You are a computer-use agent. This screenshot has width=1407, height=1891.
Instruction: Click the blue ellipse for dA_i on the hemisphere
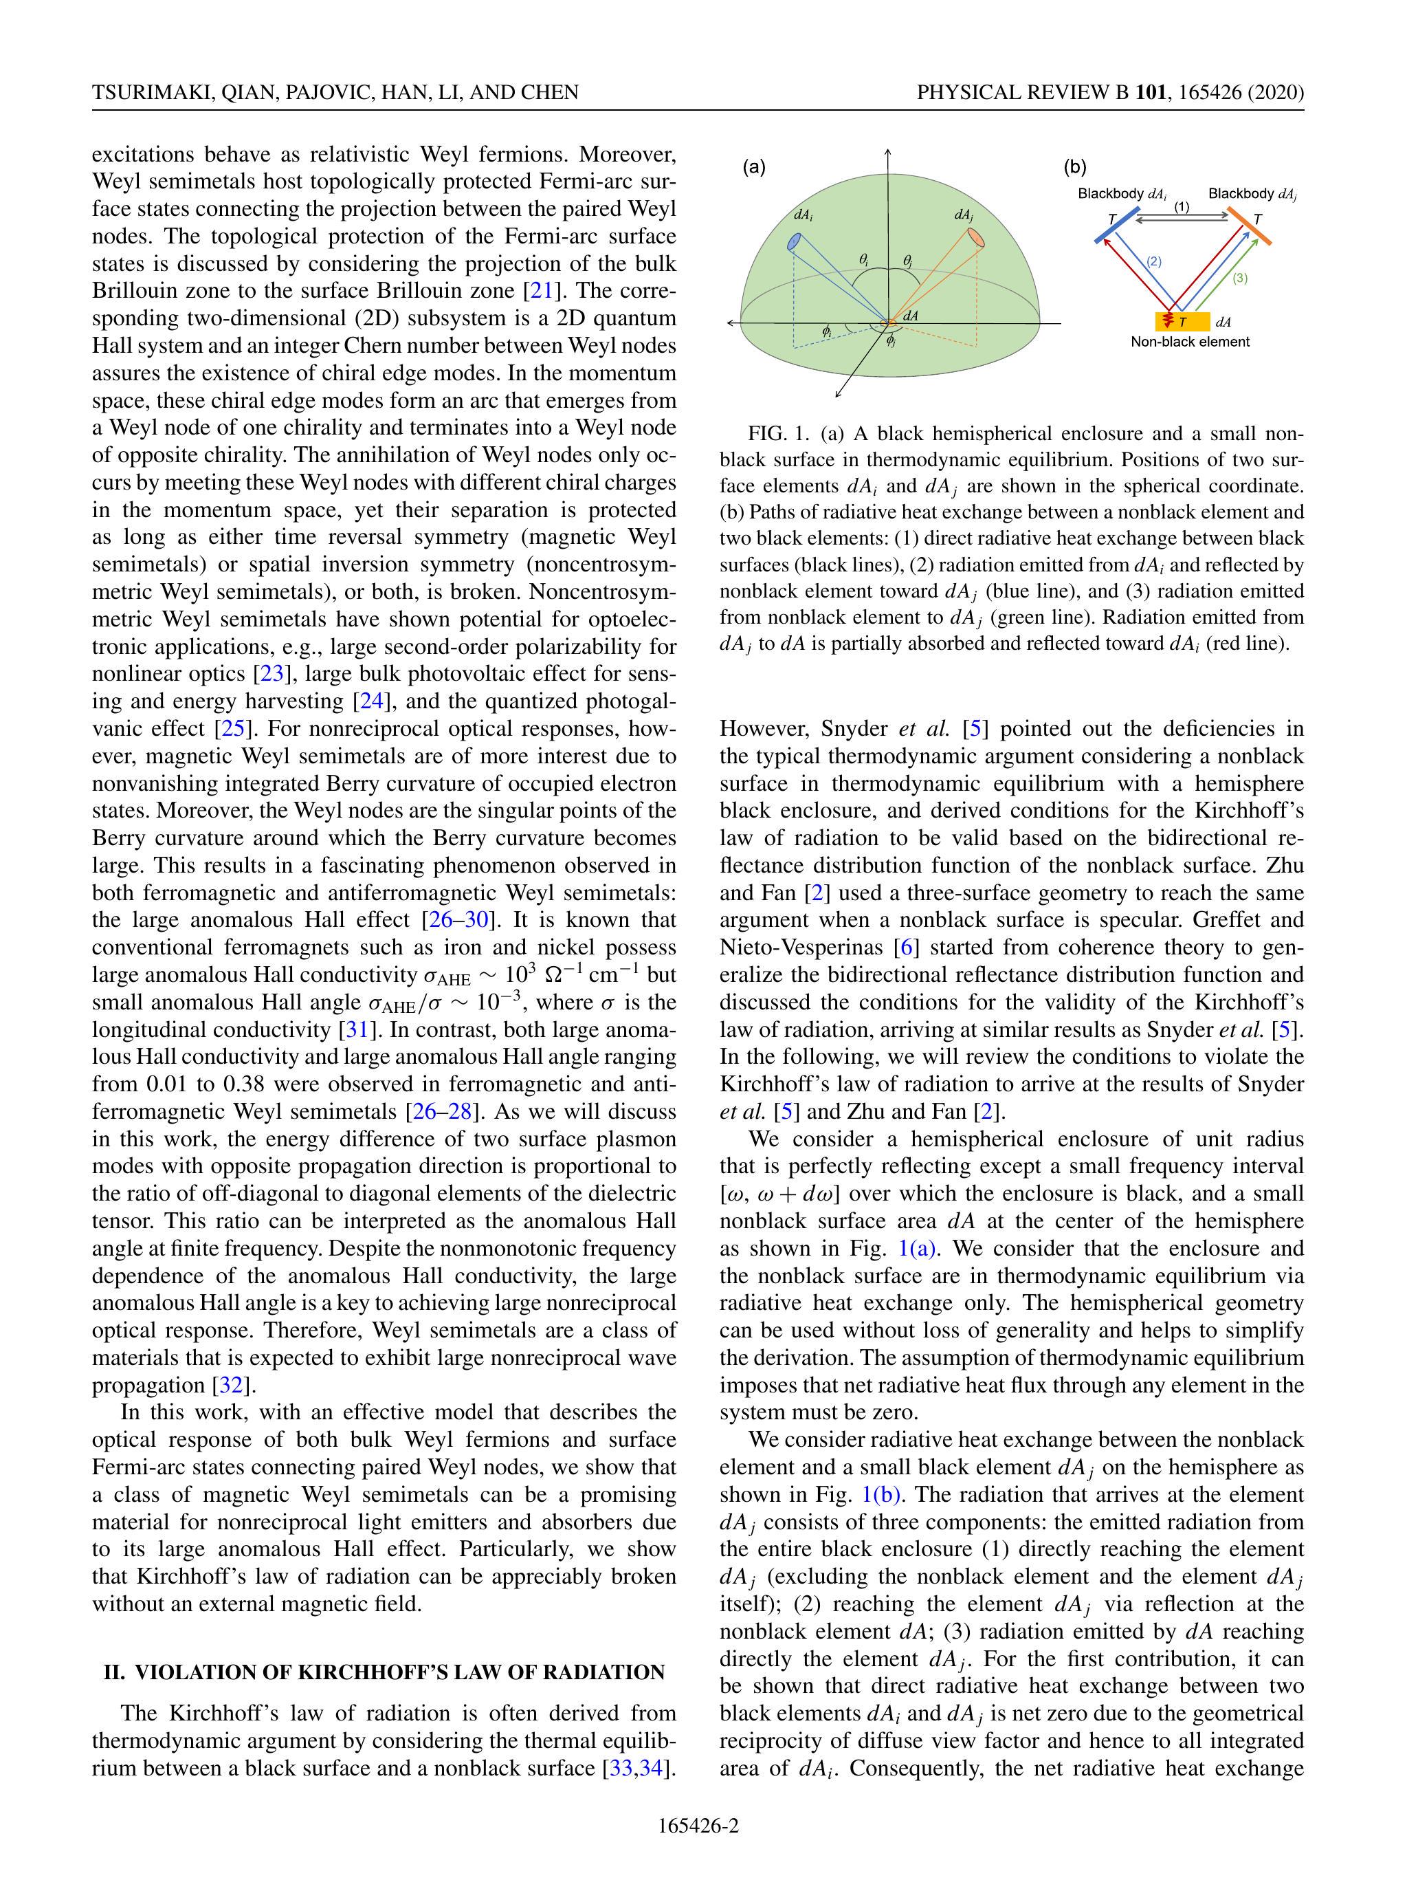coord(794,243)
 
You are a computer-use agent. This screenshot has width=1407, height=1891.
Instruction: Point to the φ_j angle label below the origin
coord(890,342)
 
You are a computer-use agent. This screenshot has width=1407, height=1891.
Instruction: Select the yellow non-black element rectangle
coord(1182,322)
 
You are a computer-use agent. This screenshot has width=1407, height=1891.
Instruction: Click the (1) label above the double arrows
coord(1182,207)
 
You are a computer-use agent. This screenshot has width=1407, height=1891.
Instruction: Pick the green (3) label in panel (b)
coord(1239,278)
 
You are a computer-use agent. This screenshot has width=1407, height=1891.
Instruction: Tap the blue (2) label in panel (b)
coord(1153,261)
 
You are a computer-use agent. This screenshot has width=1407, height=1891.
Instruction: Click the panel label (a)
coord(754,168)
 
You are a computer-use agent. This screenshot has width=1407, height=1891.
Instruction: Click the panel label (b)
coord(1075,168)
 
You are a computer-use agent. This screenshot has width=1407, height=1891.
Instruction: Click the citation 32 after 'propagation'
coord(231,1385)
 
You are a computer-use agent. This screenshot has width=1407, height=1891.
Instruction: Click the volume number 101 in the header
coord(1151,92)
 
